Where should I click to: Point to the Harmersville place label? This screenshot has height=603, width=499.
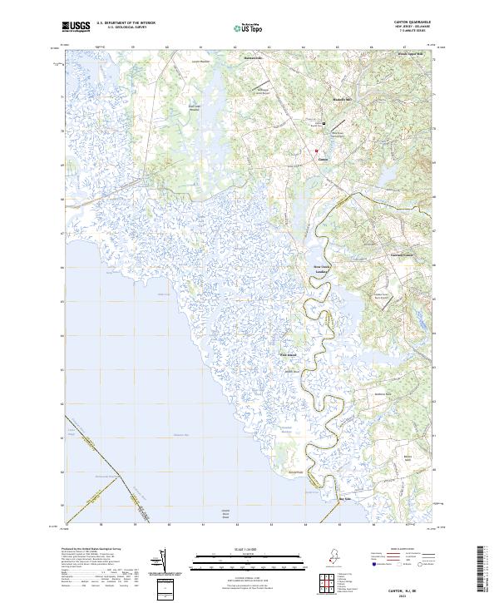[252, 57]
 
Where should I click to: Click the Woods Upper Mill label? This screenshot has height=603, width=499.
[410, 54]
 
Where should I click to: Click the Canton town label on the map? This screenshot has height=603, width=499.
[324, 161]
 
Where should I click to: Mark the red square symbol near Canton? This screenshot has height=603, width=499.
[317, 151]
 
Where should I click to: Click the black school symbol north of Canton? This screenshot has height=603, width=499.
[324, 124]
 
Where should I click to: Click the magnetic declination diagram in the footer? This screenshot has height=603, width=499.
[162, 561]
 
